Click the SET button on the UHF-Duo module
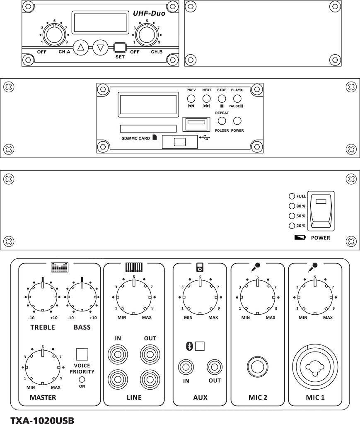(120, 47)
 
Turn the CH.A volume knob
(55, 35)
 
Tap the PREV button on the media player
(191, 99)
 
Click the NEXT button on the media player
(206, 99)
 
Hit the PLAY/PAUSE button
(237, 99)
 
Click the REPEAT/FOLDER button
(222, 121)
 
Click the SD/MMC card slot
(148, 129)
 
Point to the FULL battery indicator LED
(292, 196)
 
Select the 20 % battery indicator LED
(292, 226)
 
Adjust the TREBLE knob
(43, 297)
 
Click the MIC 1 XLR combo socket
(315, 366)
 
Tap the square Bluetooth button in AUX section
(200, 346)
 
